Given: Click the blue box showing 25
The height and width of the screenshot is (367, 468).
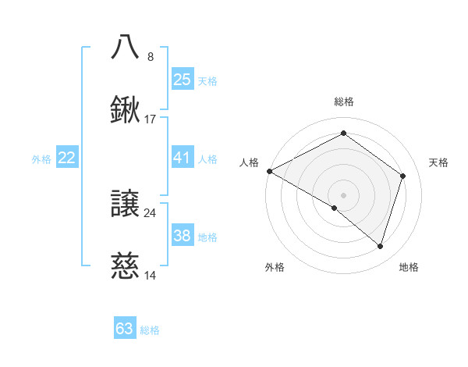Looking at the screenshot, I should [182, 80].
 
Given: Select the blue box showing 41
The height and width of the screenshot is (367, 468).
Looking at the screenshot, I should [182, 159].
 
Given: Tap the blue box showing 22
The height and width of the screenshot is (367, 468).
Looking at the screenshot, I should [67, 159].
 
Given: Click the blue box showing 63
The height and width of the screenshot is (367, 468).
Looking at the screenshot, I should [125, 329].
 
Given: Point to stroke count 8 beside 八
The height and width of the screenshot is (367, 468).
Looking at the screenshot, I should [151, 56].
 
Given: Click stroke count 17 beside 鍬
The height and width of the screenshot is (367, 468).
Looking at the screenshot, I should [151, 119].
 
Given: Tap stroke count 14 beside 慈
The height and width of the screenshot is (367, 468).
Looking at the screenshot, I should [151, 276].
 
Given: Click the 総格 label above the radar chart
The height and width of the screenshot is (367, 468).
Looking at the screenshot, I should [343, 102].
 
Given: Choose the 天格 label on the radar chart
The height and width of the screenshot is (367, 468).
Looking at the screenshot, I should [439, 162].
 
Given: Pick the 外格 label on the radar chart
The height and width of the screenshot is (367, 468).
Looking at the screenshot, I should [275, 267].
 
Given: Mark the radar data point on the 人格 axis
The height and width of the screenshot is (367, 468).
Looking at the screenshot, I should [269, 171].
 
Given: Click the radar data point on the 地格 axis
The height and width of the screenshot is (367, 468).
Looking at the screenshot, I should [380, 247].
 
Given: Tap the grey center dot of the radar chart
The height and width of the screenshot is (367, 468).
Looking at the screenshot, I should [343, 194].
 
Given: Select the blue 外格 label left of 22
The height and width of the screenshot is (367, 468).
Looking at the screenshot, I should [41, 159].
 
